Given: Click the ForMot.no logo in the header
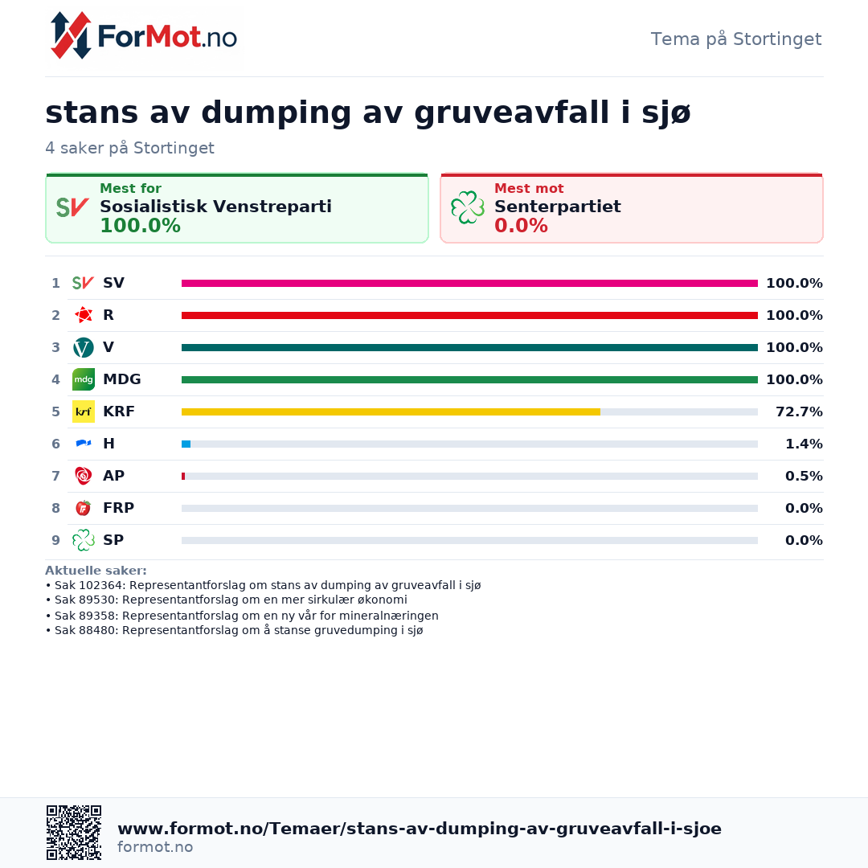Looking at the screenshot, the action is tap(143, 36).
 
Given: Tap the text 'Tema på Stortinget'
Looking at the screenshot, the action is tap(735, 39).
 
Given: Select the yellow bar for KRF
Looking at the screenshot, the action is tap(391, 411).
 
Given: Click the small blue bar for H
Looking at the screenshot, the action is tap(186, 444).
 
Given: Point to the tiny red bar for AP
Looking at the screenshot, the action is tap(183, 476).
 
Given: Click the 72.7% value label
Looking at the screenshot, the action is tap(799, 411).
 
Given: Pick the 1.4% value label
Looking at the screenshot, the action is tap(804, 444).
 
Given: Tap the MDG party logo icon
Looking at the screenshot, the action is tap(84, 379).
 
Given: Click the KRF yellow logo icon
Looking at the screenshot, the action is tap(84, 411).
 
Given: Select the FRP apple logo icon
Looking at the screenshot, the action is tap(84, 508).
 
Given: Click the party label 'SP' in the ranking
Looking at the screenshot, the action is tap(113, 540).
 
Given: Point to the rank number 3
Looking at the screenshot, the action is tap(56, 348).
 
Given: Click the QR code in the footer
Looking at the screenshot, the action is tap(74, 833).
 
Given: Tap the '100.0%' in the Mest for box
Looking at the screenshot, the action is tap(140, 226).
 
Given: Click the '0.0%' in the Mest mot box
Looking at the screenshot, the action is tap(521, 226).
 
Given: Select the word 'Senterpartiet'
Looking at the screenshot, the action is tap(558, 207).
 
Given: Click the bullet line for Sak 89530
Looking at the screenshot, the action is tap(227, 600).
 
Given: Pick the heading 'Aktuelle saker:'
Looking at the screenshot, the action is tap(96, 571).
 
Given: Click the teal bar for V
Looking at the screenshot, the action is tap(469, 348).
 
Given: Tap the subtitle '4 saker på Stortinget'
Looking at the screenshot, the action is tap(129, 149).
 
